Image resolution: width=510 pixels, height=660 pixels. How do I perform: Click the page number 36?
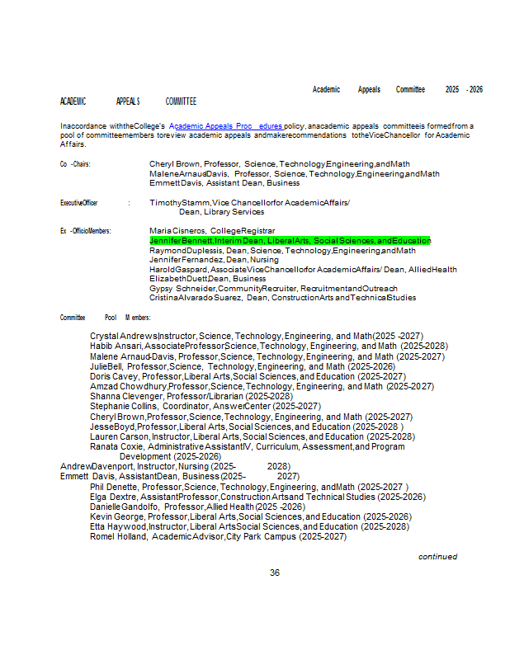click(x=275, y=573)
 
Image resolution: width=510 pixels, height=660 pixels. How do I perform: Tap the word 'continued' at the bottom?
click(x=437, y=557)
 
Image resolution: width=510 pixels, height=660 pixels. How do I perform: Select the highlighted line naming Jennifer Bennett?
click(x=290, y=240)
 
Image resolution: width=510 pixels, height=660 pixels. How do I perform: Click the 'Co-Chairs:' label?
click(x=75, y=164)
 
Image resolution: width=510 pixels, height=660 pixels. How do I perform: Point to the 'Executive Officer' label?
click(x=79, y=202)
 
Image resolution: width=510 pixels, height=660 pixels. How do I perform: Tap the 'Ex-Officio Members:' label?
click(x=85, y=231)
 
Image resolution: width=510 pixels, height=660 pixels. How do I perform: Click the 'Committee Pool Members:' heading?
click(x=105, y=318)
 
